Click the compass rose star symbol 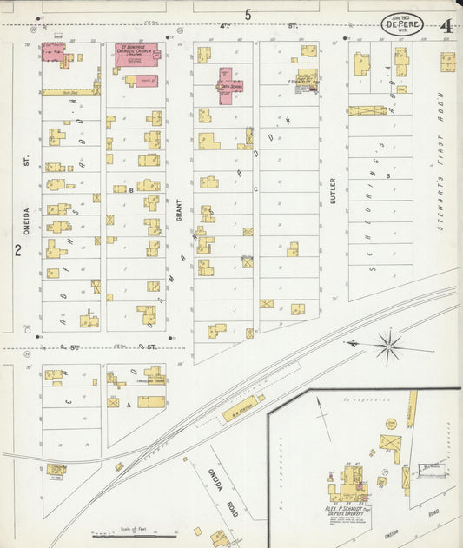click(387, 345)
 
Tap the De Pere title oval click(402, 24)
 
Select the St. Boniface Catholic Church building click(136, 55)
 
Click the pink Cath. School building click(225, 87)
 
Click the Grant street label click(180, 208)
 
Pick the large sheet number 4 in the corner click(446, 25)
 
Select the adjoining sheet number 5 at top click(248, 14)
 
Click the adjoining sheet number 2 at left click(17, 251)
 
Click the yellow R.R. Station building click(243, 408)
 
